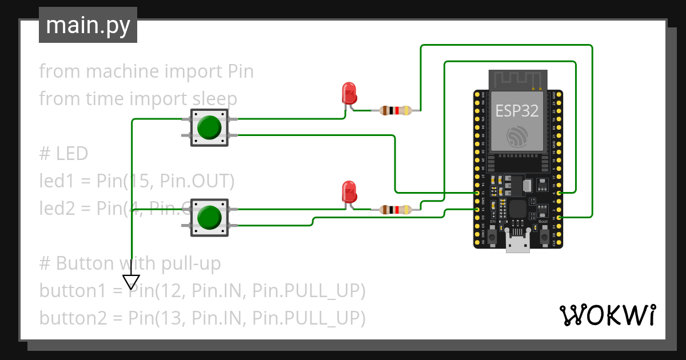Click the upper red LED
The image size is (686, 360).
(x=348, y=93)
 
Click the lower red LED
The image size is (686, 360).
(x=348, y=191)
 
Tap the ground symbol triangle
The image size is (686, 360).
(x=131, y=282)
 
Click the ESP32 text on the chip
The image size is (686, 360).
(x=517, y=111)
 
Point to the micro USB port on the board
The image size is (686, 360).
(x=518, y=243)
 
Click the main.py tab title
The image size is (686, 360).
(x=88, y=25)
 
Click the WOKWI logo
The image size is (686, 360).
(x=607, y=315)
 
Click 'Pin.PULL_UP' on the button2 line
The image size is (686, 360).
(x=309, y=318)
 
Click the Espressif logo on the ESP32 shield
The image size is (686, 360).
(x=517, y=136)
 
